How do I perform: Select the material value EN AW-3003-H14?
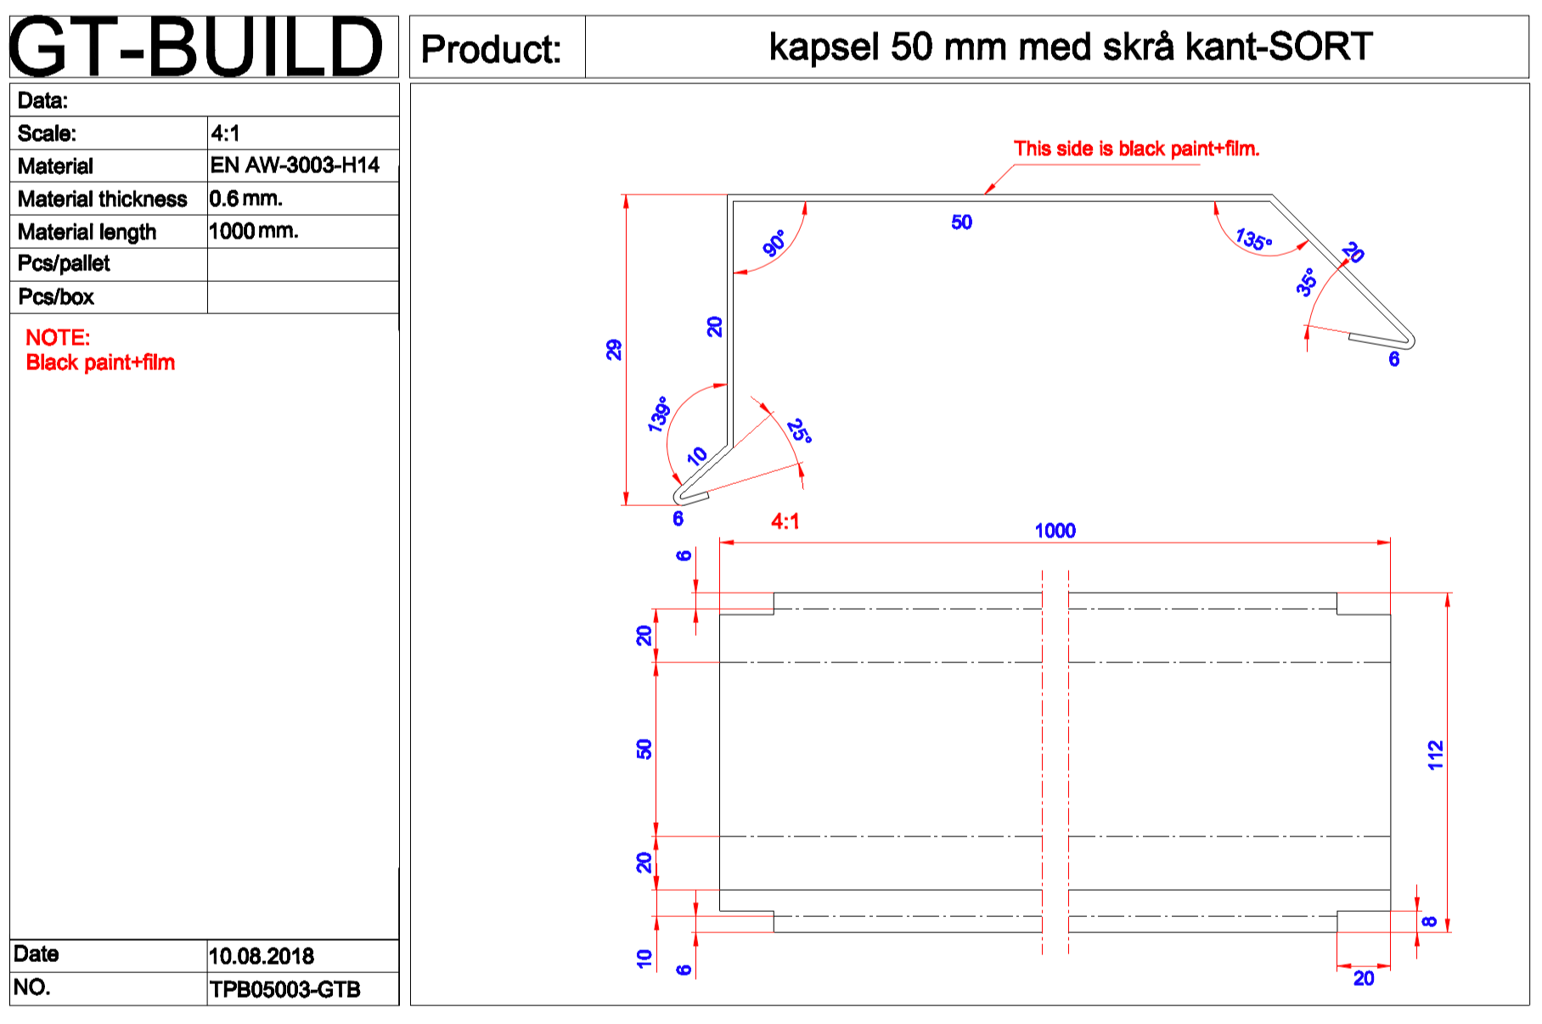pyautogui.click(x=295, y=165)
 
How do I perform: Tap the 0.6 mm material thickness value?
pyautogui.click(x=245, y=199)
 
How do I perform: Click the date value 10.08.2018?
pyautogui.click(x=261, y=956)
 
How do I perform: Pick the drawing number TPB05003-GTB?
pyautogui.click(x=284, y=989)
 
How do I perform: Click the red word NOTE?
pyautogui.click(x=58, y=337)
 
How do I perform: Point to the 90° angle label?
pyautogui.click(x=774, y=244)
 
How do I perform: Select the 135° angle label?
pyautogui.click(x=1253, y=239)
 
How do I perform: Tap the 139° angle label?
pyautogui.click(x=658, y=414)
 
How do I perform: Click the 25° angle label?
pyautogui.click(x=799, y=431)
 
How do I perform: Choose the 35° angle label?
pyautogui.click(x=1307, y=282)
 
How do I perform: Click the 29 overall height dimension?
pyautogui.click(x=614, y=350)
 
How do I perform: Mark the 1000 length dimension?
pyautogui.click(x=1055, y=531)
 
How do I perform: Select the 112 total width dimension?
pyautogui.click(x=1435, y=755)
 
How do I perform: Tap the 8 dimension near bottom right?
pyautogui.click(x=1430, y=921)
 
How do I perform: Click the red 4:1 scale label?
pyautogui.click(x=785, y=521)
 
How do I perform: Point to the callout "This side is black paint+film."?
pyautogui.click(x=1136, y=149)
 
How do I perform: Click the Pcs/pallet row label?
pyautogui.click(x=64, y=263)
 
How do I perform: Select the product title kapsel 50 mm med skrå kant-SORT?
pyautogui.click(x=1070, y=47)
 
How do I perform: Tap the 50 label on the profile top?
pyautogui.click(x=961, y=222)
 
